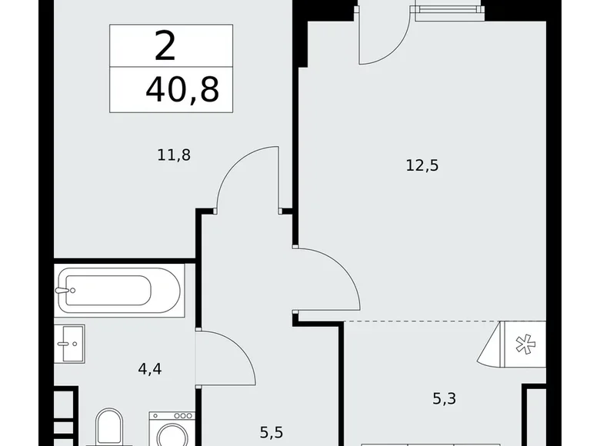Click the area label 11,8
[x=173, y=155]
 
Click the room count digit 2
[x=165, y=47]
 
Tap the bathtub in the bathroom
[x=119, y=291]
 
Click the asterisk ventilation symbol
[x=523, y=345]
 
